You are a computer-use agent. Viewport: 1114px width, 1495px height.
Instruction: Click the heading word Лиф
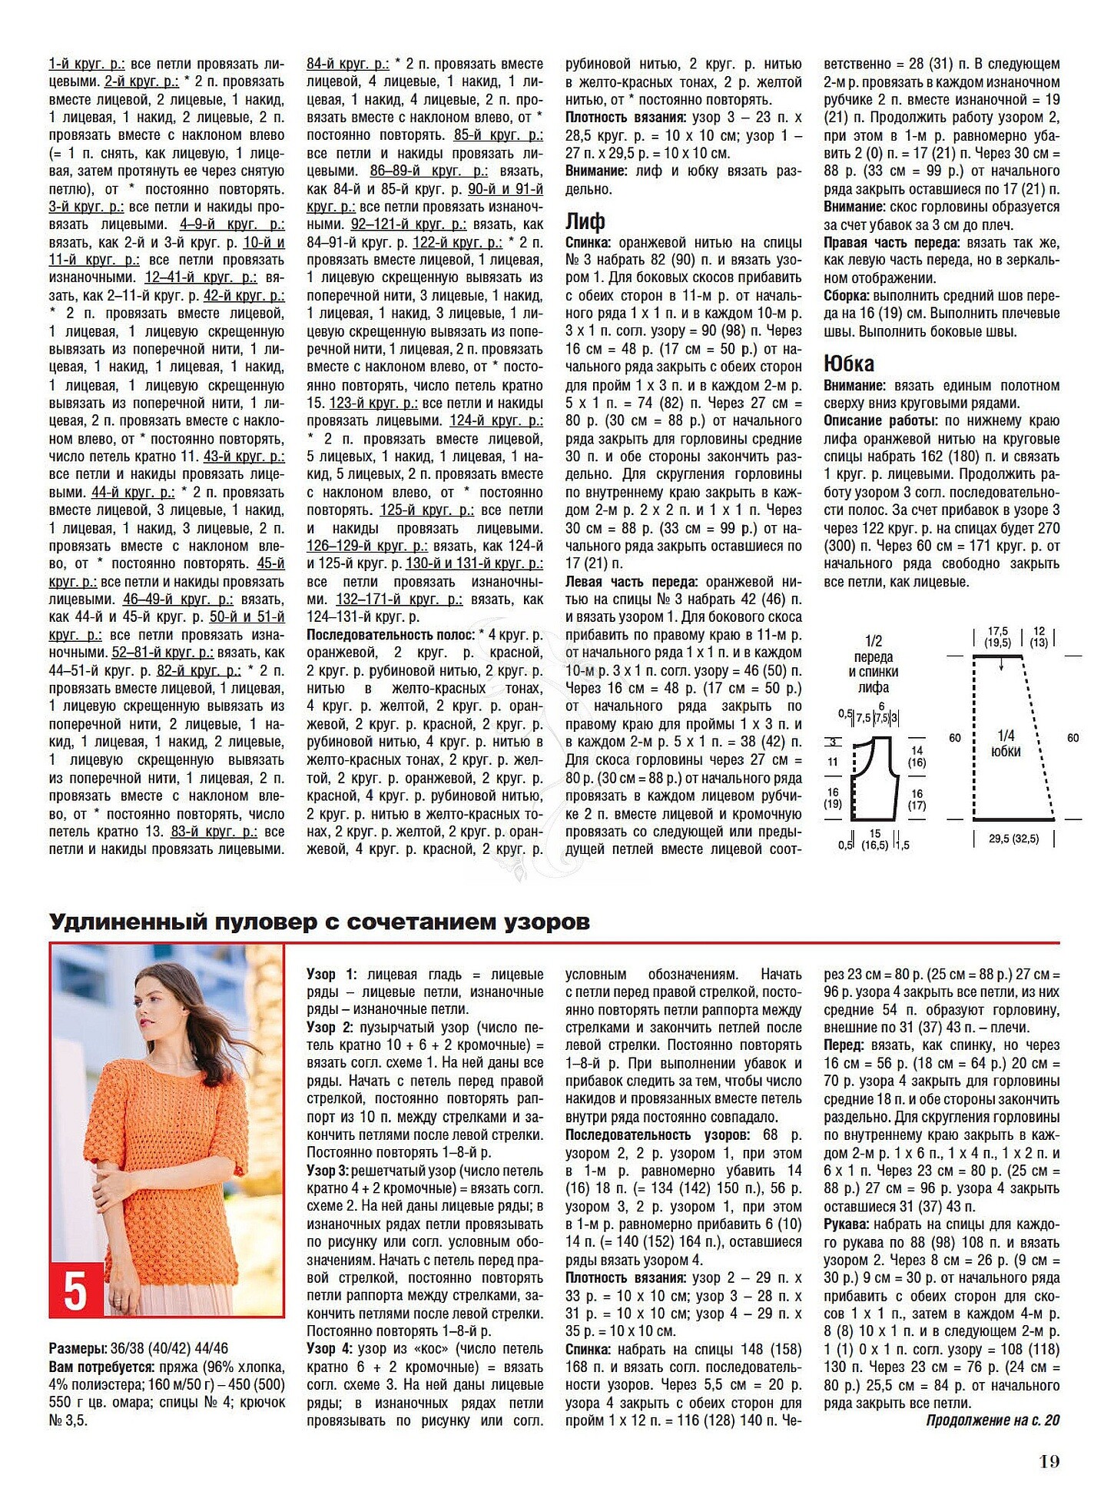tap(585, 221)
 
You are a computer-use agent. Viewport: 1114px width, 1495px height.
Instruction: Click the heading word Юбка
tap(848, 363)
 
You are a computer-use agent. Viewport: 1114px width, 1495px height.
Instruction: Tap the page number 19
tap(1049, 1461)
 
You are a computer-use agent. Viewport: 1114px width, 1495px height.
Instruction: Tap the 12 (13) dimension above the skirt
tap(1039, 636)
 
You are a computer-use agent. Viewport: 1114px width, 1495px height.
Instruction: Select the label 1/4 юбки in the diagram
tap(1005, 743)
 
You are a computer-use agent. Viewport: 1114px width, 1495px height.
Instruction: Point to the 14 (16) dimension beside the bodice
tap(917, 756)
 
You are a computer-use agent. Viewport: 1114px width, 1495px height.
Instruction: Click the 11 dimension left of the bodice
tap(833, 762)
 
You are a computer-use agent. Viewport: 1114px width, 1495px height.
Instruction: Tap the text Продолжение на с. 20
tap(992, 1420)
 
